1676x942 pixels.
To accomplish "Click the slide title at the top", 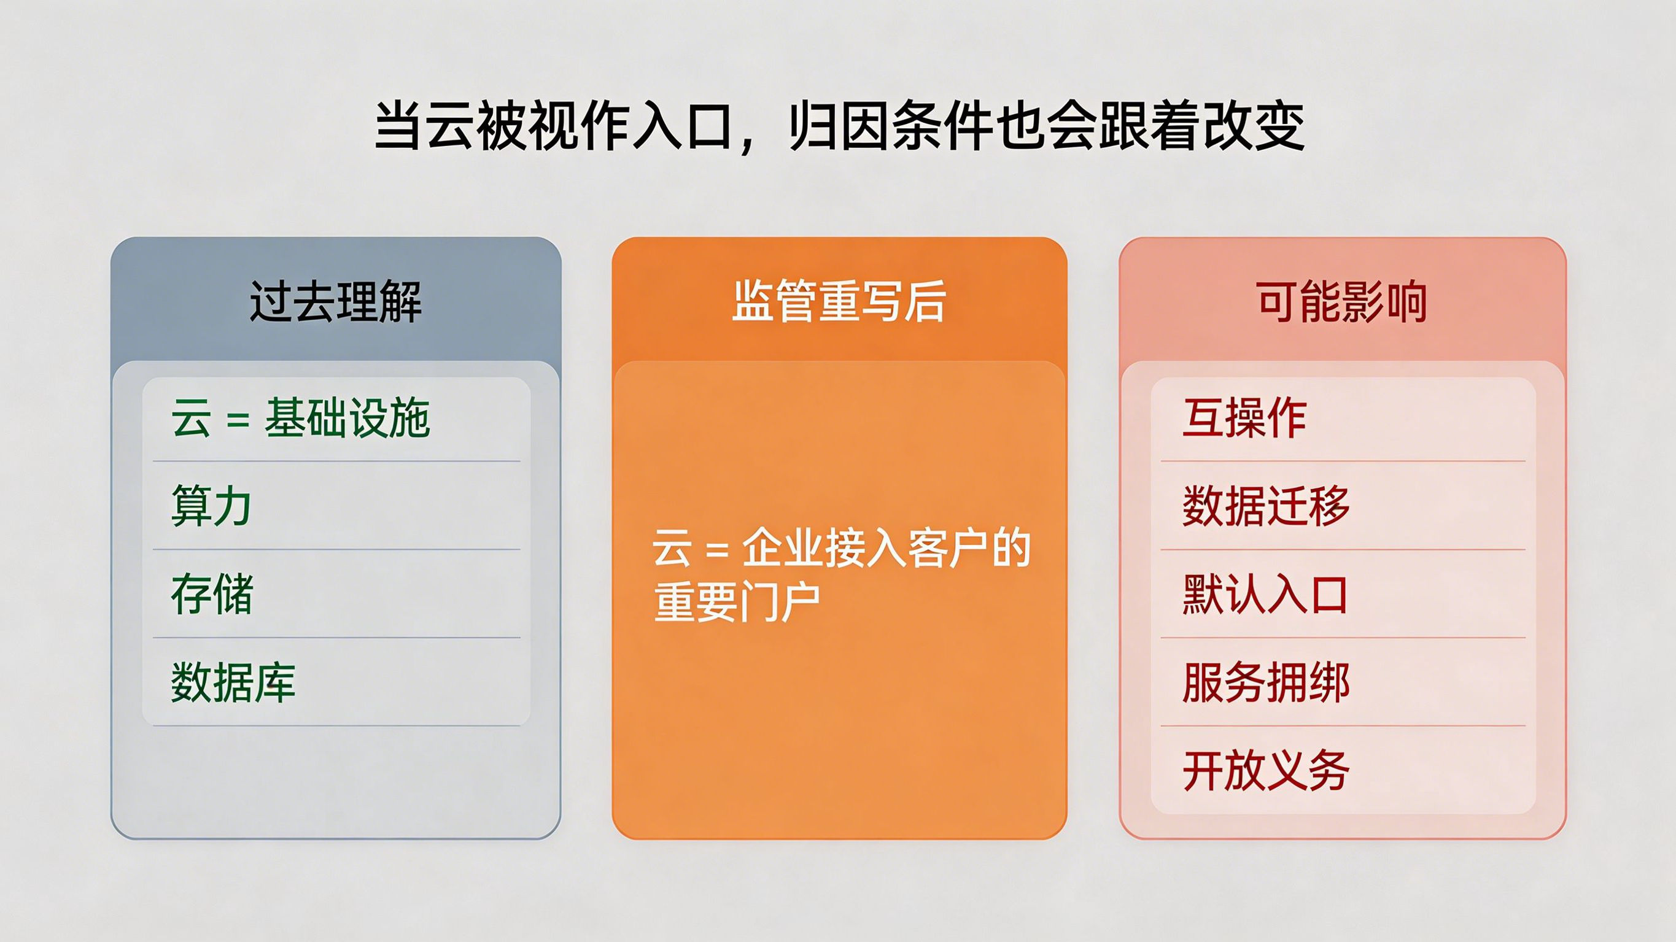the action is pyautogui.click(x=839, y=126).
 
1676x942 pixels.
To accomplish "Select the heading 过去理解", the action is pyautogui.click(x=336, y=302).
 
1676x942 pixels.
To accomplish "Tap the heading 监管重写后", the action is pyautogui.click(x=839, y=302).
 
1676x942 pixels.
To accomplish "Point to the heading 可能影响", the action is pyautogui.click(x=1342, y=302).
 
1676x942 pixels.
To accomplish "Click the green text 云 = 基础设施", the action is pyautogui.click(x=301, y=419).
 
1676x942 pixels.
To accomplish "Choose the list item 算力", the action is pyautogui.click(x=211, y=506).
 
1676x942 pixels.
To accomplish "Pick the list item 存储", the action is pyautogui.click(x=212, y=595).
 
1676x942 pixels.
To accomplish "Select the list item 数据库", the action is pyautogui.click(x=233, y=682).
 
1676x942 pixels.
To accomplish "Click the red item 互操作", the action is pyautogui.click(x=1244, y=419).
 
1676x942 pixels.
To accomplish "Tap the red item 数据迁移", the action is pyautogui.click(x=1266, y=506).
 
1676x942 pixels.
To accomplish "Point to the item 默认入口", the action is pyautogui.click(x=1265, y=595).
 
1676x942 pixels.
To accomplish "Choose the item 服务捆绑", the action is pyautogui.click(x=1266, y=682).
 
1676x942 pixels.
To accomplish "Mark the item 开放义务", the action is pyautogui.click(x=1266, y=771).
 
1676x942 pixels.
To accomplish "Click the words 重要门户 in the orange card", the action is pyautogui.click(x=737, y=603).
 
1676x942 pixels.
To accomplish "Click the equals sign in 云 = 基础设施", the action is pyautogui.click(x=238, y=420).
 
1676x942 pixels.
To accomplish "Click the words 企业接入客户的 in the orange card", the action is pyautogui.click(x=886, y=549).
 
